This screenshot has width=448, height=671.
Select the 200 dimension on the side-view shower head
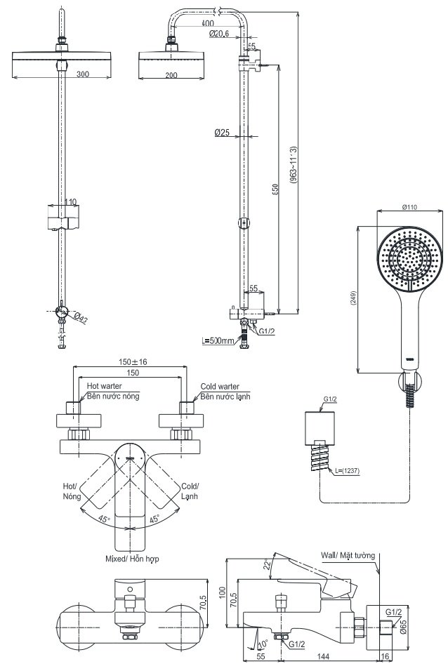[170, 74]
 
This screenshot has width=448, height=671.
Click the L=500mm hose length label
[218, 341]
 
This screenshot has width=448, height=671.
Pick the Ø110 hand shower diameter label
[410, 207]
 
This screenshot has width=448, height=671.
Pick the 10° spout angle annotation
[263, 642]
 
